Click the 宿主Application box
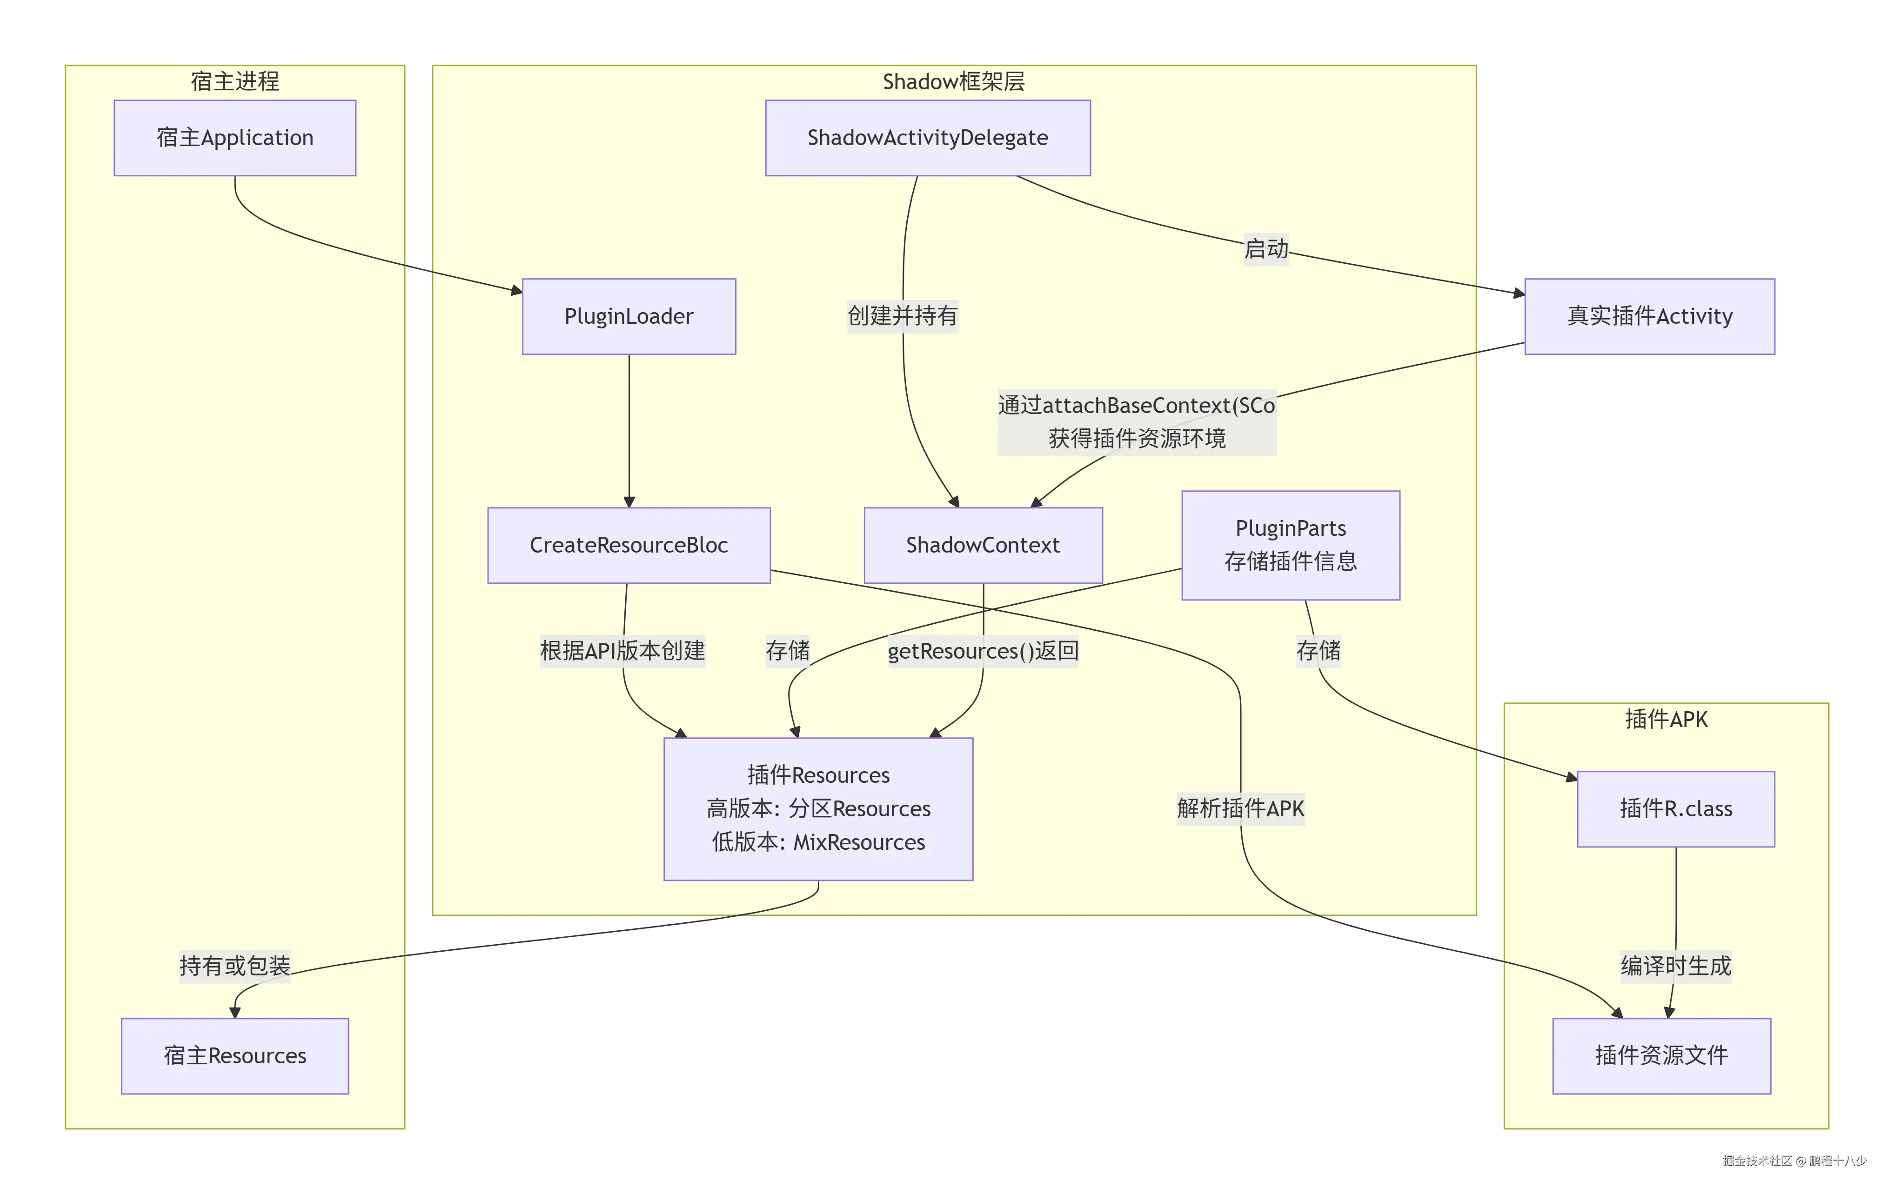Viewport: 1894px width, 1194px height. click(234, 138)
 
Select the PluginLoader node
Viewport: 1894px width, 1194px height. click(629, 316)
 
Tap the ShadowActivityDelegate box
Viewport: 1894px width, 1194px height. click(927, 138)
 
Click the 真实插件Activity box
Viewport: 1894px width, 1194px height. click(1649, 316)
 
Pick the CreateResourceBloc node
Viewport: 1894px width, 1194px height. click(629, 545)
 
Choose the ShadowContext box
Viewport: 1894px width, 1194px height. click(983, 545)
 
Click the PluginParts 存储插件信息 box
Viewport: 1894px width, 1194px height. click(1290, 545)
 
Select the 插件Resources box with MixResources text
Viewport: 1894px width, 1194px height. click(818, 808)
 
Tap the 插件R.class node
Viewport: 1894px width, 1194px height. click(1675, 808)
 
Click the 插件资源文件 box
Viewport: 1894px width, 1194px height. click(1661, 1055)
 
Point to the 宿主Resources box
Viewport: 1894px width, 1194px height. click(234, 1055)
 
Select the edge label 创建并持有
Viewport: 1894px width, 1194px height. click(902, 316)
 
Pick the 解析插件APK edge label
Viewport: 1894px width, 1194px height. click(1240, 808)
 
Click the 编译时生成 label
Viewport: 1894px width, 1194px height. click(1675, 966)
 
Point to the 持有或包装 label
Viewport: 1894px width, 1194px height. click(234, 966)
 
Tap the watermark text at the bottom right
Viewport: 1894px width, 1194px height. click(1794, 1161)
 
